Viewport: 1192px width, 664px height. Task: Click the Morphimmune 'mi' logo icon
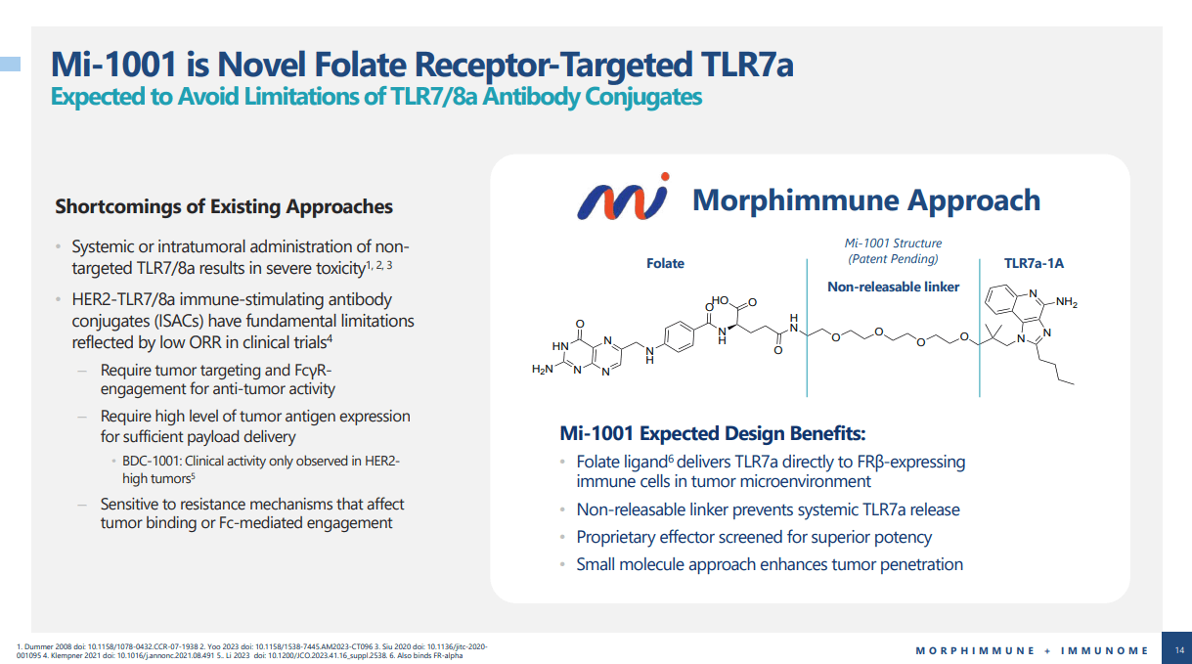point(622,199)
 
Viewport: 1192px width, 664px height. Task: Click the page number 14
point(1178,649)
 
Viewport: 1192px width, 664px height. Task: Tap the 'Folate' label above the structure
point(665,263)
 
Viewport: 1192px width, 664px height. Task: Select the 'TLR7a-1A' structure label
point(1034,263)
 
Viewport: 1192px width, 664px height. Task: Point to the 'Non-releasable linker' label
point(894,287)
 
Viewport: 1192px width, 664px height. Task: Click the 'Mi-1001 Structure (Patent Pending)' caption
point(893,251)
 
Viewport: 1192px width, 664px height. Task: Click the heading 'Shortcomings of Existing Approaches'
point(224,206)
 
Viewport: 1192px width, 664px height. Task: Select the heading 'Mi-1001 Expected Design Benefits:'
point(712,433)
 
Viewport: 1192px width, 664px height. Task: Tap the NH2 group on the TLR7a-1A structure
point(1065,303)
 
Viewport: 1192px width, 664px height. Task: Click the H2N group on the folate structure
point(543,370)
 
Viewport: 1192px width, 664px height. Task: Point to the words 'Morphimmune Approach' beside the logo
point(865,200)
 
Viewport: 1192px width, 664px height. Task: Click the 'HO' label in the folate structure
point(721,302)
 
